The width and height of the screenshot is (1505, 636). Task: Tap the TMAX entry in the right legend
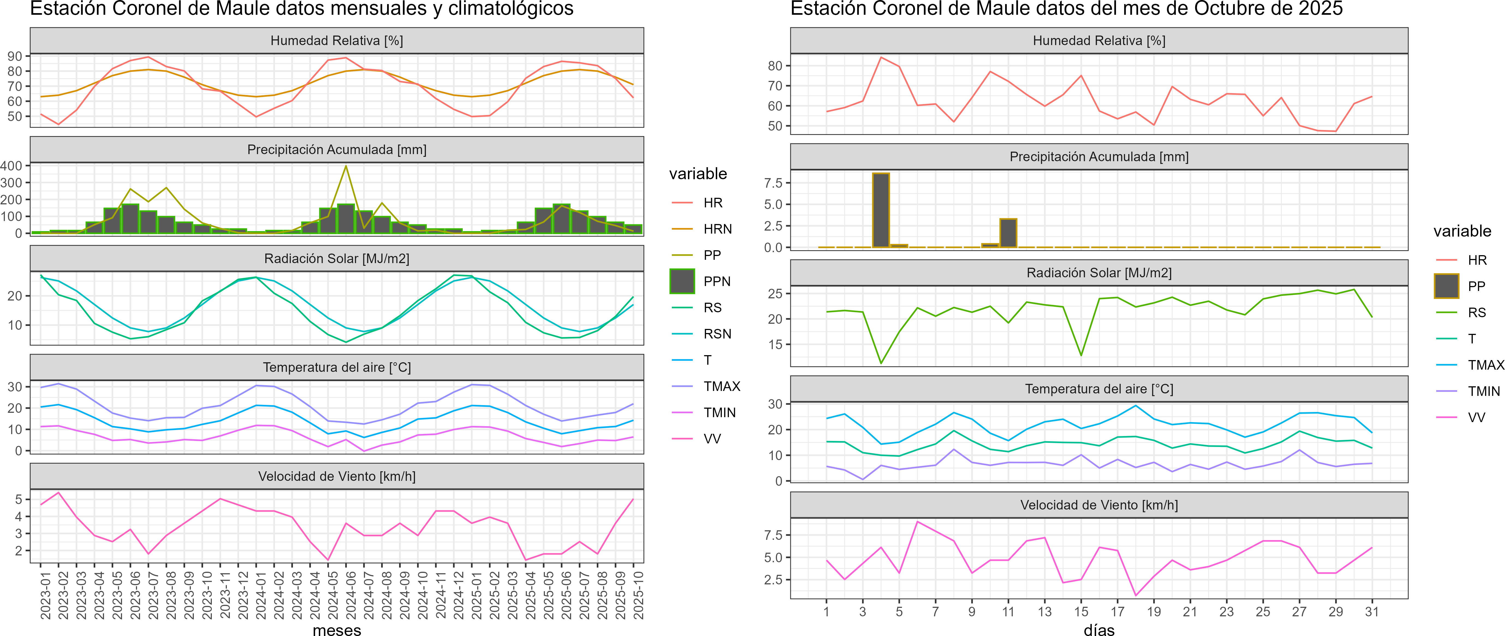(x=1485, y=365)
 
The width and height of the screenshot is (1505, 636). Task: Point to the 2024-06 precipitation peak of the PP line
(x=346, y=166)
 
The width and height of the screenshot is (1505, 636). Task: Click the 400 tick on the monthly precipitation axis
(x=12, y=166)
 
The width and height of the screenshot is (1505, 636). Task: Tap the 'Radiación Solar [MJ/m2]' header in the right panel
(x=1099, y=273)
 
